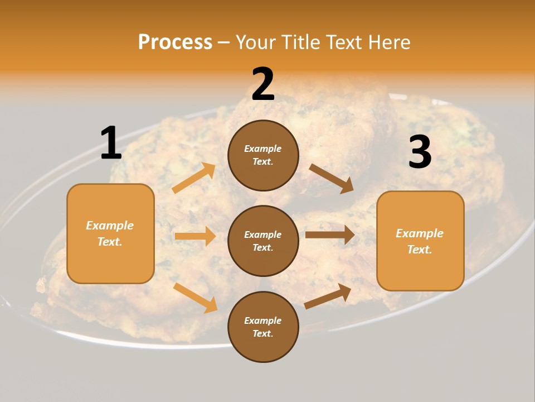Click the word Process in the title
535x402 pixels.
coord(175,42)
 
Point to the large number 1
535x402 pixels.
coord(111,143)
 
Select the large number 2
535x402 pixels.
coord(263,84)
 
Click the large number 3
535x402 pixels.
coord(420,152)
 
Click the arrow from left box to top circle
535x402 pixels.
coord(194,178)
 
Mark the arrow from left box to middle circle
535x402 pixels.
coord(195,236)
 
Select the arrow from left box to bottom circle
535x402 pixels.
coord(196,297)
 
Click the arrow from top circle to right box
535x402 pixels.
coord(332,178)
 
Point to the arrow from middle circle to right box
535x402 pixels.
coord(329,234)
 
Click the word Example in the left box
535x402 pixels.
coord(110,226)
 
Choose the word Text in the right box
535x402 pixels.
coord(419,250)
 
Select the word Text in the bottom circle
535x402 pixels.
coord(262,334)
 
